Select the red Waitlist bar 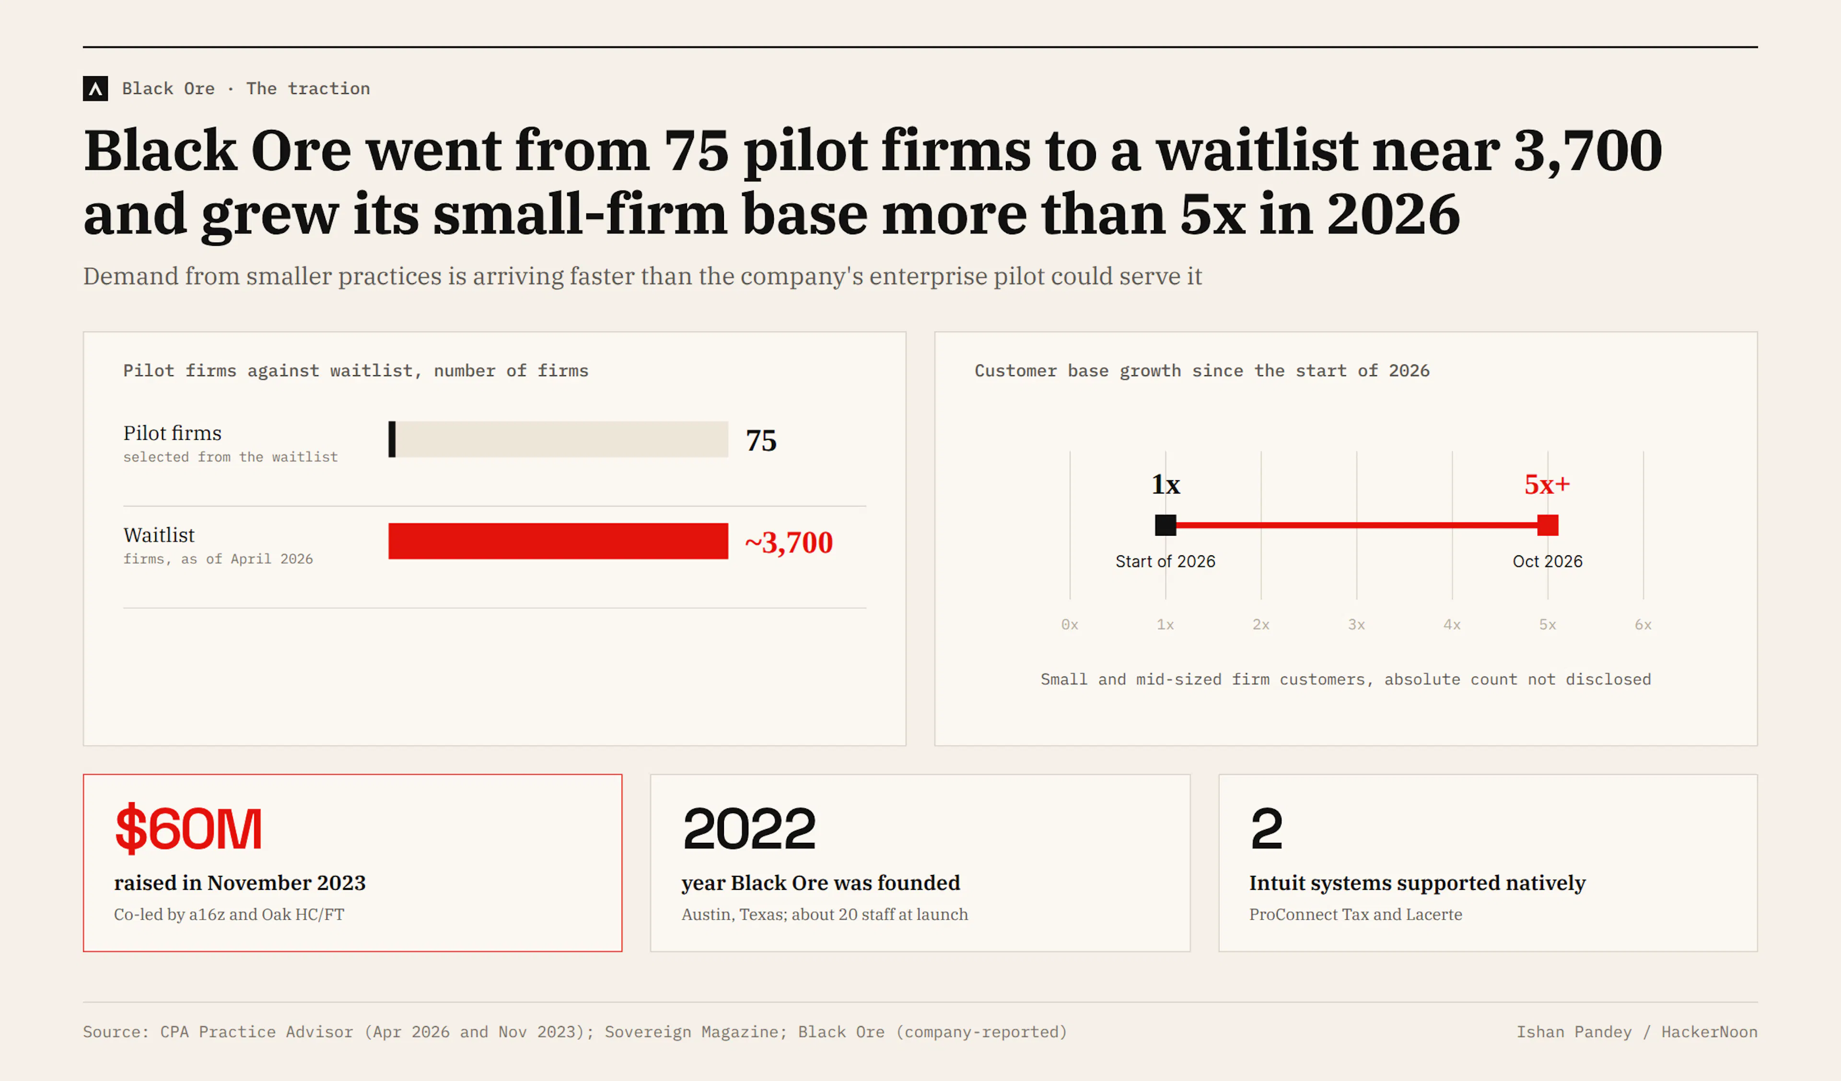click(558, 541)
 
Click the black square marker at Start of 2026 click(1165, 525)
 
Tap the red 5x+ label click(1547, 484)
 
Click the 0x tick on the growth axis click(1070, 624)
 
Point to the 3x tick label click(1357, 624)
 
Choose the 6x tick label click(1643, 624)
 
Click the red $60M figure click(188, 828)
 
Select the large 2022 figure click(749, 828)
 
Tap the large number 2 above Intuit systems click(1266, 828)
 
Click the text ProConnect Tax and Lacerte click(1355, 914)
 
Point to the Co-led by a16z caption click(229, 914)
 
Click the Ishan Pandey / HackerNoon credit click(1636, 1032)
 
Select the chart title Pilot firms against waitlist click(356, 371)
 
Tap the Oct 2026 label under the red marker click(1547, 561)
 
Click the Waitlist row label click(159, 535)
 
